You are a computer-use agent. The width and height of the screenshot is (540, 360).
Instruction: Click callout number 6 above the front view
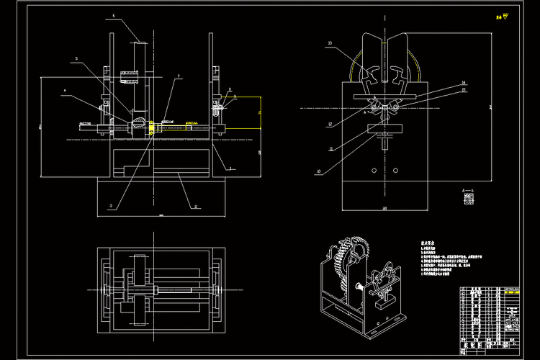coord(114,14)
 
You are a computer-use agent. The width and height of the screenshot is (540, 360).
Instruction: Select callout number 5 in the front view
coord(76,59)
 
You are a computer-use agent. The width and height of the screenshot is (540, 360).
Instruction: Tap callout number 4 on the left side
coord(64,91)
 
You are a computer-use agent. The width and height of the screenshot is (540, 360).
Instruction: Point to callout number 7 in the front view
coord(179,76)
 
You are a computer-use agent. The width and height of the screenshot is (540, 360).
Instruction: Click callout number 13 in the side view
coord(330,45)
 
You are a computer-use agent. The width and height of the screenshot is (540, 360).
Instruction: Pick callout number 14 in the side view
coord(464,84)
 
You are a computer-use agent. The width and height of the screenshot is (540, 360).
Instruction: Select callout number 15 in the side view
coord(464,91)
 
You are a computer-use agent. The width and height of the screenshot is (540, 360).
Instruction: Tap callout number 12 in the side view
coord(329,124)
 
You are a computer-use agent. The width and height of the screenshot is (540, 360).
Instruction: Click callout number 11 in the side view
coord(330,148)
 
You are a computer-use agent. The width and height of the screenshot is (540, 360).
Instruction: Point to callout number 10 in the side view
coord(318,171)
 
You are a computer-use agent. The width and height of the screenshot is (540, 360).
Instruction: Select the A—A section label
coord(468,190)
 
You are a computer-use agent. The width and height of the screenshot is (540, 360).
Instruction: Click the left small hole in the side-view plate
coord(373,171)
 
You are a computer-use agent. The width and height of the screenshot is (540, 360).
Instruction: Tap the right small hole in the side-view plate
coord(395,171)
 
